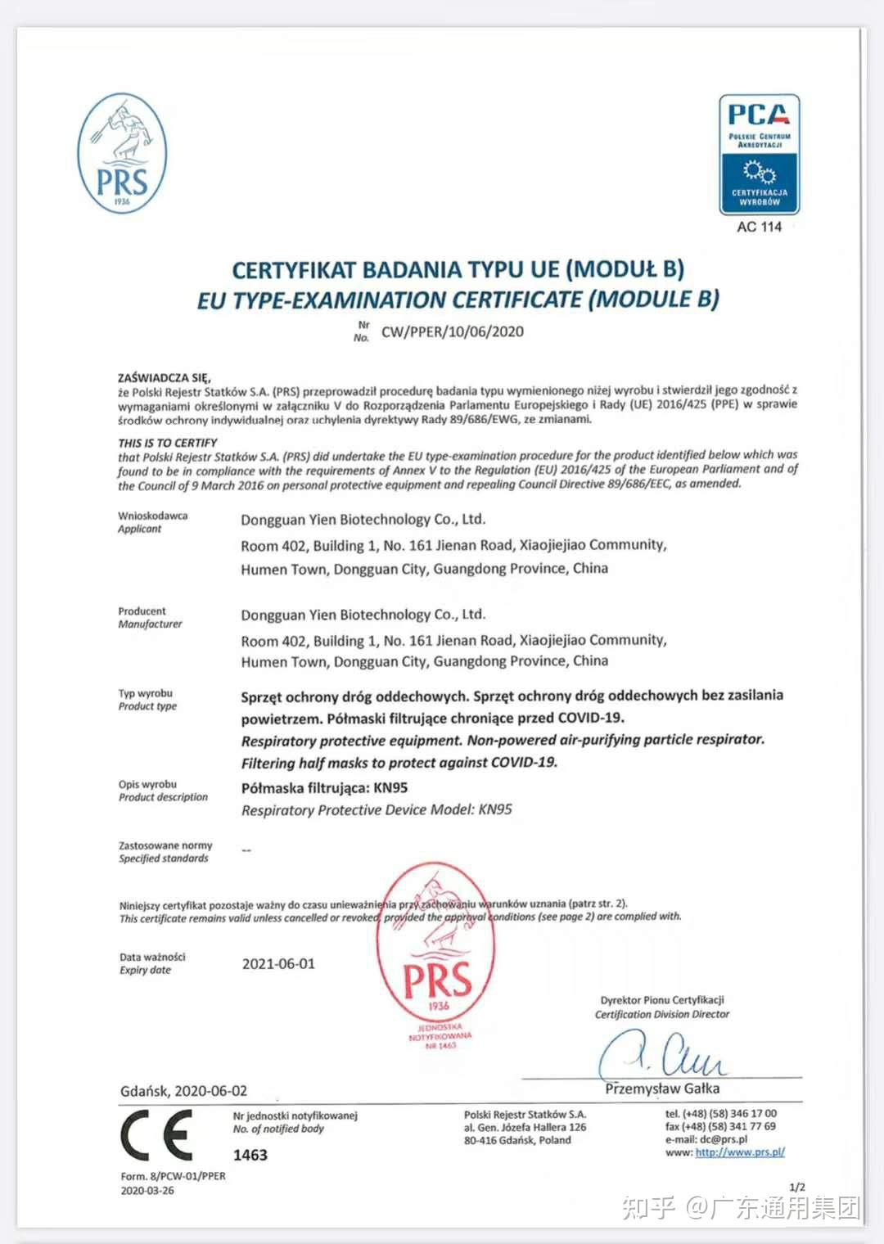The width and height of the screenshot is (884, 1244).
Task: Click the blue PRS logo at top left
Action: click(122, 154)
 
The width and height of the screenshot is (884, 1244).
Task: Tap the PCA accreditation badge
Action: click(759, 155)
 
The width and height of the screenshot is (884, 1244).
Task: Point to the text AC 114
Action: click(759, 227)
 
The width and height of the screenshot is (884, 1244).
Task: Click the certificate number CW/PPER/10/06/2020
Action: click(452, 331)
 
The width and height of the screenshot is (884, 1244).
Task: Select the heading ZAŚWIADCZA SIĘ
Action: click(164, 377)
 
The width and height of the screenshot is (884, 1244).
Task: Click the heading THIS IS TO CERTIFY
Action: click(168, 443)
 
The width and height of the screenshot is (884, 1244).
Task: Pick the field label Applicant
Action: click(140, 529)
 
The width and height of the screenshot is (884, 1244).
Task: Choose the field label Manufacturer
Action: click(150, 624)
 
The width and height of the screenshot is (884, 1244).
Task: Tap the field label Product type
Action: click(147, 706)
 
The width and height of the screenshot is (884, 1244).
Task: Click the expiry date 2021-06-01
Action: click(278, 964)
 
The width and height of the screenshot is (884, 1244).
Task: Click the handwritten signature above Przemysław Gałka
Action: click(663, 1056)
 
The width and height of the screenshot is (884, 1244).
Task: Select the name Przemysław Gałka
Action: click(662, 1088)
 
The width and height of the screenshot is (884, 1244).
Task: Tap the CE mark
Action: click(156, 1135)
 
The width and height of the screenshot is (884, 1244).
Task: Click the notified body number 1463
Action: click(250, 1155)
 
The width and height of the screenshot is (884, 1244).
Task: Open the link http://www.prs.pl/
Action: click(740, 1152)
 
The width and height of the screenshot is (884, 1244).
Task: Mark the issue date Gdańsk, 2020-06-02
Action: click(183, 1091)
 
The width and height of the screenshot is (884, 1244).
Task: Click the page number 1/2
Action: click(796, 1187)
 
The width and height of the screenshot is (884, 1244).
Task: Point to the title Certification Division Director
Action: click(661, 1014)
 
